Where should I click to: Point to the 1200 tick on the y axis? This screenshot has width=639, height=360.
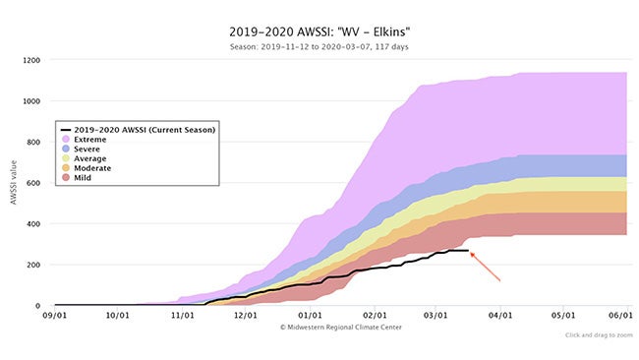point(33,60)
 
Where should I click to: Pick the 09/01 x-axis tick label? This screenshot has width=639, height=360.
point(54,317)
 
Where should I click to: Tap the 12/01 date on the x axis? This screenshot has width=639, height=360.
point(246,317)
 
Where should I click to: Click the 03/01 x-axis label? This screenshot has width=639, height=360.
point(435,317)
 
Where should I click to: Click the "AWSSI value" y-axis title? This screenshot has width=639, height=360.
point(13,183)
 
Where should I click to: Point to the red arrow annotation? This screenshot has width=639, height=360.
point(487,267)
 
